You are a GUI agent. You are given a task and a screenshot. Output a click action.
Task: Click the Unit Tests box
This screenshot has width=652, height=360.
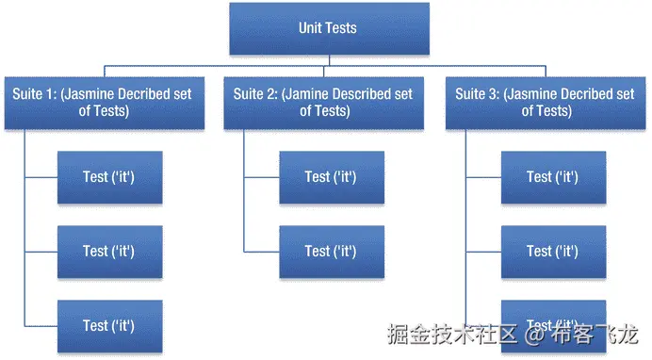coord(329,28)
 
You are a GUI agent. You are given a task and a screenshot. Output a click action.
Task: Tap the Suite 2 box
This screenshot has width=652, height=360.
coord(324,102)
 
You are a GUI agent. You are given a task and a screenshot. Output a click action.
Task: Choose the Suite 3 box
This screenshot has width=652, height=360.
coord(546,102)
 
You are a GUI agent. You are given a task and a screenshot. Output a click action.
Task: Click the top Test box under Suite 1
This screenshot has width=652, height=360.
coord(109,177)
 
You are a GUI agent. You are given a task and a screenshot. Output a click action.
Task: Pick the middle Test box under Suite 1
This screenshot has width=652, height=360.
coord(109,252)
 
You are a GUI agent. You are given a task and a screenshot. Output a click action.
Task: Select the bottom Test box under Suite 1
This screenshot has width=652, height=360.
coord(109,326)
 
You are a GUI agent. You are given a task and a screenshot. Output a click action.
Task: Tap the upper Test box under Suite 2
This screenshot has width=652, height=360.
coord(331,177)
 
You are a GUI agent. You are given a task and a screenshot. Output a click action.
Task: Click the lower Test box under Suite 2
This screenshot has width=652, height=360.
coord(331,252)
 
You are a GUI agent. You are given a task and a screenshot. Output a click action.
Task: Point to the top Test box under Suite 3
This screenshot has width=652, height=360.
coord(553,177)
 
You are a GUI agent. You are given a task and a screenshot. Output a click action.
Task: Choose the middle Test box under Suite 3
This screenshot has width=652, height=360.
coord(553,252)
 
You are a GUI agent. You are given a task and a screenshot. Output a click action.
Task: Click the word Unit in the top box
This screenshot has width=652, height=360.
coord(310,28)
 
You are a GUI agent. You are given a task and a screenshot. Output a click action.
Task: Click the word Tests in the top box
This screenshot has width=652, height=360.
coord(341,28)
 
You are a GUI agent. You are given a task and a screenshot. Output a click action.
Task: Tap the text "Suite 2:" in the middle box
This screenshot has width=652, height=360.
coord(254,94)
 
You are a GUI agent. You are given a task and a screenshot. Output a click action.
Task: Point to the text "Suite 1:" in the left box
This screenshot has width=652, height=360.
coord(34,94)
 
